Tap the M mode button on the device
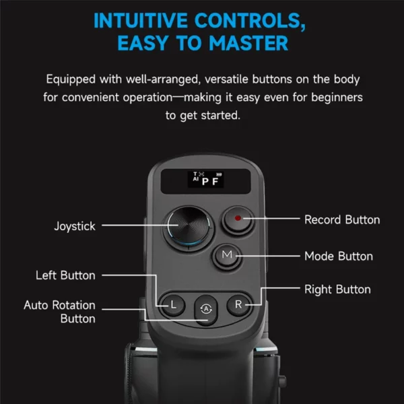point(227,256)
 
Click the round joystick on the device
point(189,228)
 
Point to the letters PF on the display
point(210,181)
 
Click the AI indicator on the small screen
point(196,179)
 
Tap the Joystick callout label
point(75,226)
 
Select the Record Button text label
point(342,220)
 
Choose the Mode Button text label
point(339,256)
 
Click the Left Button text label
point(65,275)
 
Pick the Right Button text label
point(337,290)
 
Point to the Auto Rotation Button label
point(59,312)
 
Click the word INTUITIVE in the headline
point(141,21)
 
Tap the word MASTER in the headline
point(248,43)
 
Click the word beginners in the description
point(337,98)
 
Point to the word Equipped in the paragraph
point(71,79)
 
